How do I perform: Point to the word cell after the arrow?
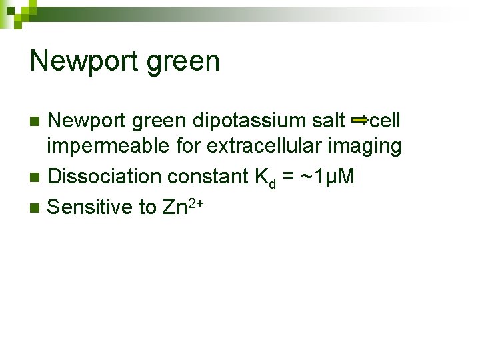click(x=385, y=121)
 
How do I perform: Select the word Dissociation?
click(x=105, y=177)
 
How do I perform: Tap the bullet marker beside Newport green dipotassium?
click(x=37, y=121)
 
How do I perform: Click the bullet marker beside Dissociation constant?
click(x=37, y=177)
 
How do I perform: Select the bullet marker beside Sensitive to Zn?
click(x=37, y=207)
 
